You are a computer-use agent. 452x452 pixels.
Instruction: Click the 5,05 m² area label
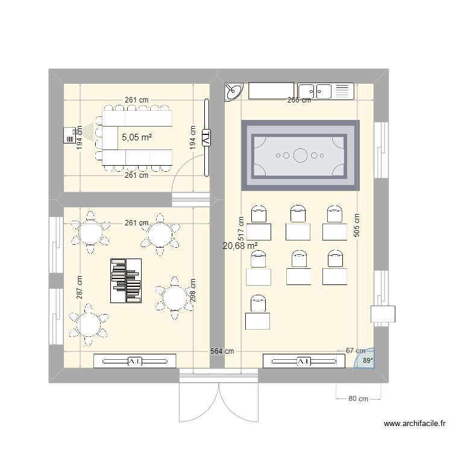click(x=136, y=137)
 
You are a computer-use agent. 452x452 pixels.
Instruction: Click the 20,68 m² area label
click(x=240, y=246)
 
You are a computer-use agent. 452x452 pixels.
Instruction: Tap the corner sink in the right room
click(x=233, y=92)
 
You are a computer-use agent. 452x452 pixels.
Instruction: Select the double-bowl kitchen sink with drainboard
click(x=325, y=92)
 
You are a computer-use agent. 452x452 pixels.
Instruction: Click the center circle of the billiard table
click(x=300, y=156)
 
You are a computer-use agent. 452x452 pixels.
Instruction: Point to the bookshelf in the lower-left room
click(x=125, y=280)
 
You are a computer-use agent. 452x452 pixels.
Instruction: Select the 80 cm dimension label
click(x=358, y=399)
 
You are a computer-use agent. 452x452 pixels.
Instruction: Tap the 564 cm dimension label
click(x=222, y=351)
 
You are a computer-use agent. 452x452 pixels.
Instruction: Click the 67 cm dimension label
click(x=356, y=351)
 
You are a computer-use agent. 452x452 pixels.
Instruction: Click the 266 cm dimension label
click(x=299, y=100)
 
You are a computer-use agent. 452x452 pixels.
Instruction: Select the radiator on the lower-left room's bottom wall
click(x=135, y=361)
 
